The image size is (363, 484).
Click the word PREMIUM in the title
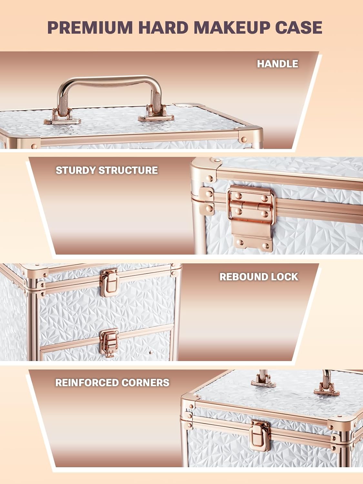tap(90, 27)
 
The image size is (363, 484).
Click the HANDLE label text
tap(277, 64)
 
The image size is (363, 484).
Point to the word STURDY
tap(76, 170)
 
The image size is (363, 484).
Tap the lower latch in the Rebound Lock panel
tap(109, 342)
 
